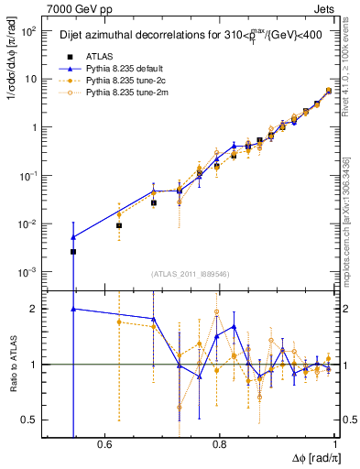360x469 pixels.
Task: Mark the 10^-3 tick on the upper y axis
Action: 30,273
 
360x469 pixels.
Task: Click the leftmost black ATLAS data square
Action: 73,252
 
